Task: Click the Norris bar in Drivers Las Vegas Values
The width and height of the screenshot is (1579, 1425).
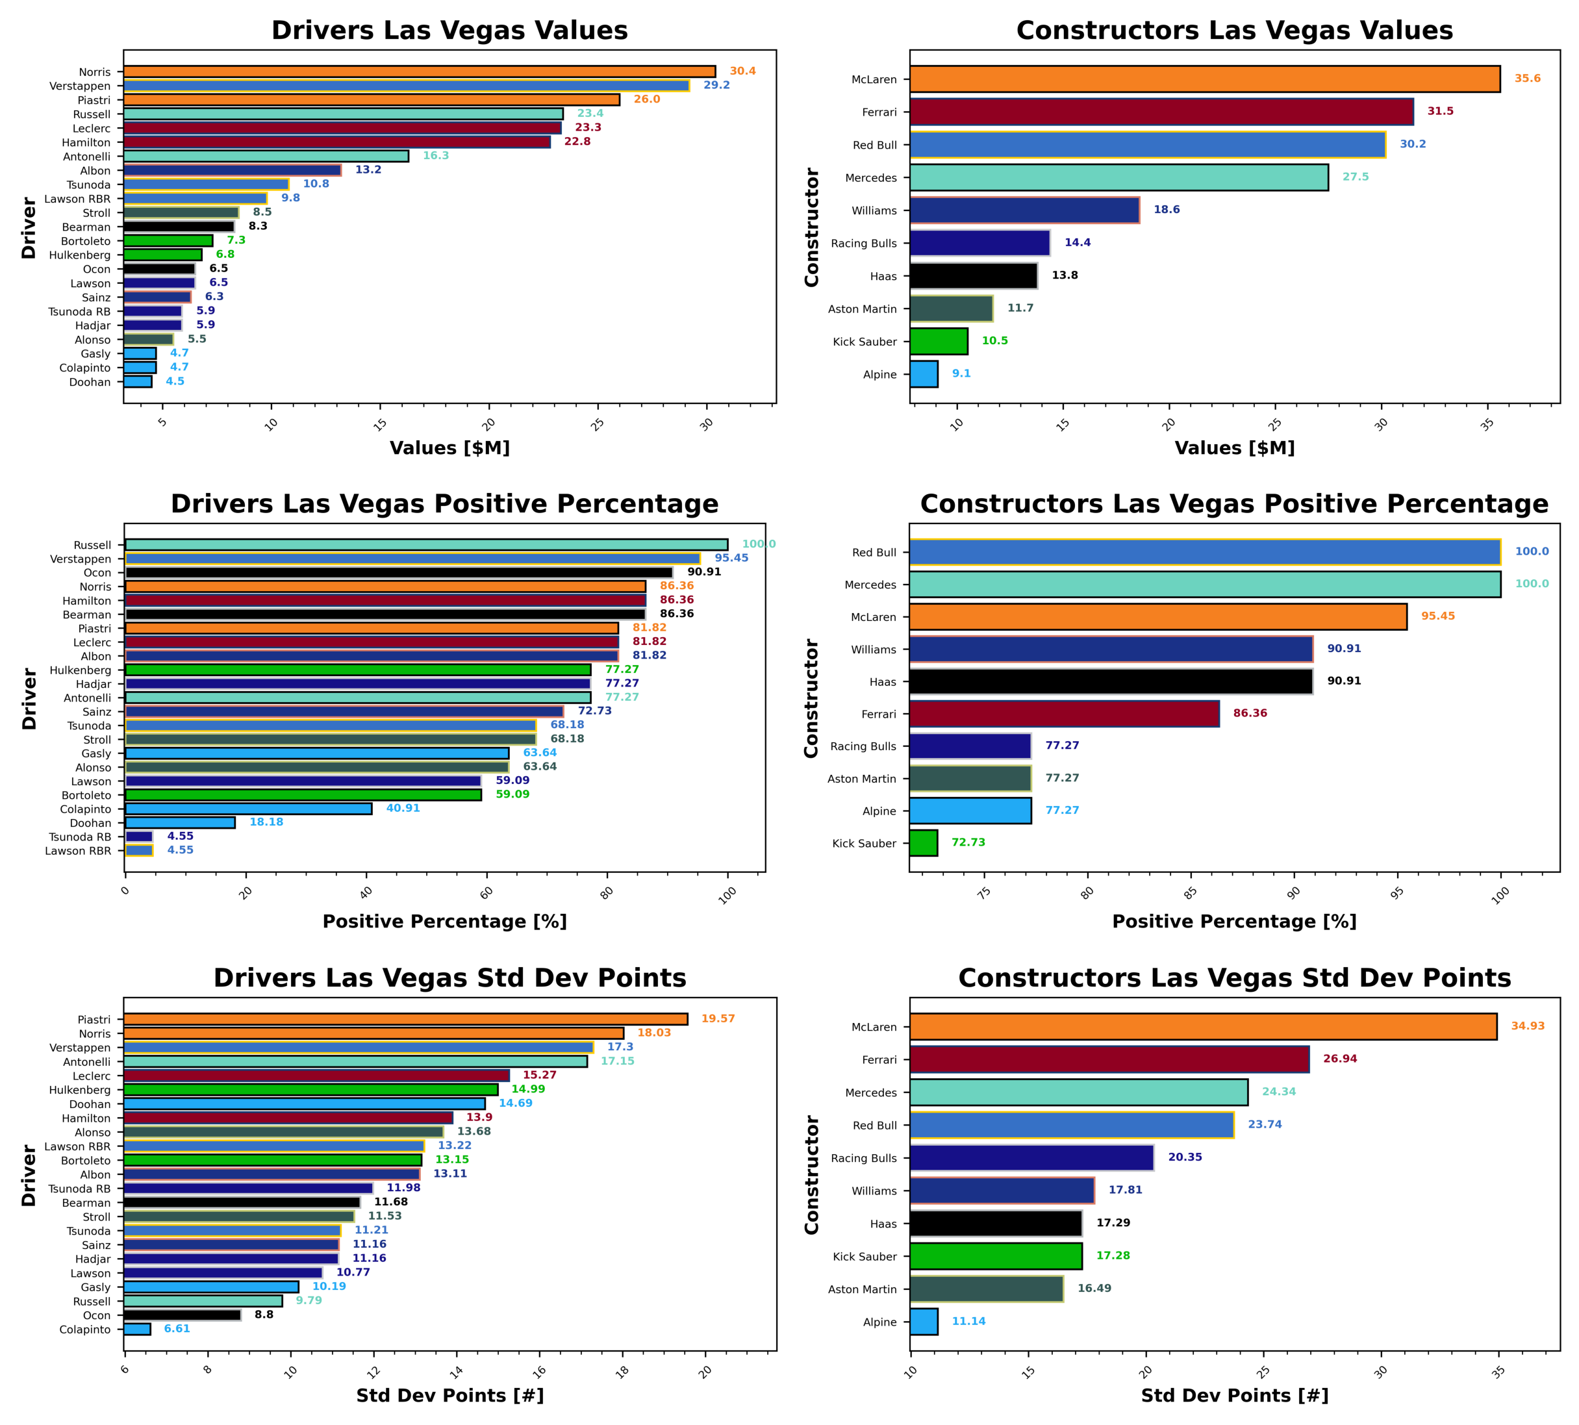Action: click(x=419, y=71)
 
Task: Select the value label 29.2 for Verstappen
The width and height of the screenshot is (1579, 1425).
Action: click(x=716, y=85)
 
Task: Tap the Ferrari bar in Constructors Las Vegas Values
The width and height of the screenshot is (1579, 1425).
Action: click(x=1161, y=112)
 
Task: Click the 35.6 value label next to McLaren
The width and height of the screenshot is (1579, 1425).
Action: click(x=1526, y=79)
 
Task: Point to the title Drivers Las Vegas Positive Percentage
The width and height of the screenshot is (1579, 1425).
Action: click(x=445, y=503)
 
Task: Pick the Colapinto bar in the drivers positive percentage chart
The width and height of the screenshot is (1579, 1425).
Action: click(x=248, y=809)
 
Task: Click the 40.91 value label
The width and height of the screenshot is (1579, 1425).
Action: click(x=403, y=808)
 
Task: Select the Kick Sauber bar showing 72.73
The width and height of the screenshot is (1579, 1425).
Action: click(x=923, y=843)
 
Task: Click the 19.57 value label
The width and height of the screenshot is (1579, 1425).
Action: click(x=717, y=1018)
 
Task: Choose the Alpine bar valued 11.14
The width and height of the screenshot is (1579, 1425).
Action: click(x=924, y=1322)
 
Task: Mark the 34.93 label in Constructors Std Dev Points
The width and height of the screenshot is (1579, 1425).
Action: click(x=1526, y=1026)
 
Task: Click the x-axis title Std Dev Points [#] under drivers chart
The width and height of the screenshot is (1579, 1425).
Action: click(x=449, y=1395)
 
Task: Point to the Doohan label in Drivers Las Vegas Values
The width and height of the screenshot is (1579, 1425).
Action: click(x=90, y=382)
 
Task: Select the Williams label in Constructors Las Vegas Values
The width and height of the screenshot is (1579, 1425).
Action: click(x=874, y=210)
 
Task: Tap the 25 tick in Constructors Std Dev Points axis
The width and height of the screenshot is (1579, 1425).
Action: click(x=1262, y=1372)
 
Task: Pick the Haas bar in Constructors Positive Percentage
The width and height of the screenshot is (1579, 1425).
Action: click(x=1110, y=681)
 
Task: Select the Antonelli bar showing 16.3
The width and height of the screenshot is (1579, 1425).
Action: click(x=266, y=157)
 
